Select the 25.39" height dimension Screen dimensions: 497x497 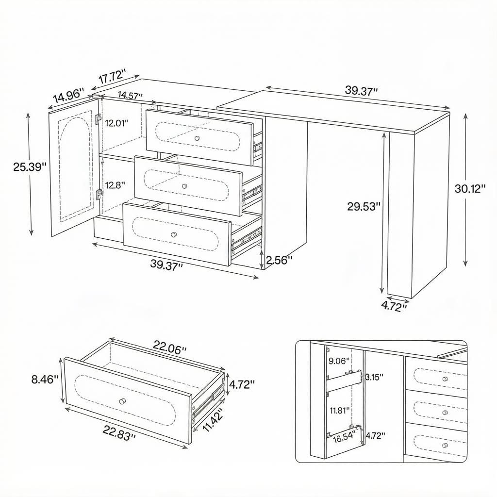pyautogui.click(x=30, y=167)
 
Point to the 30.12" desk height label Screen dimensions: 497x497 pyautogui.click(x=470, y=189)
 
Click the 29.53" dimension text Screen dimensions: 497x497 pyautogui.click(x=364, y=206)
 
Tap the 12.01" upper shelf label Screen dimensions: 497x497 pyautogui.click(x=117, y=123)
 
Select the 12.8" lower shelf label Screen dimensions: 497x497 pyautogui.click(x=115, y=185)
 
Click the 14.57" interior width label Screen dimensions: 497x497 pyautogui.click(x=130, y=95)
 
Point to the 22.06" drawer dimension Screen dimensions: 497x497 pyautogui.click(x=170, y=347)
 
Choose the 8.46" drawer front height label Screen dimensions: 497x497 pyautogui.click(x=45, y=379)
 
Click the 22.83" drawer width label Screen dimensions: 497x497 pyautogui.click(x=119, y=433)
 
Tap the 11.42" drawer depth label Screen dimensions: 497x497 pyautogui.click(x=212, y=419)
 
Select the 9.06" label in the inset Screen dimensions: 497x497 pyautogui.click(x=339, y=361)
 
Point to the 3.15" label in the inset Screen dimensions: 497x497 pyautogui.click(x=374, y=377)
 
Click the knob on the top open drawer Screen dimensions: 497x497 pyautogui.click(x=197, y=138)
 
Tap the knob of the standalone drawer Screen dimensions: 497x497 pyautogui.click(x=121, y=401)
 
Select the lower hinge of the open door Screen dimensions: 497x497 pyautogui.click(x=99, y=194)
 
